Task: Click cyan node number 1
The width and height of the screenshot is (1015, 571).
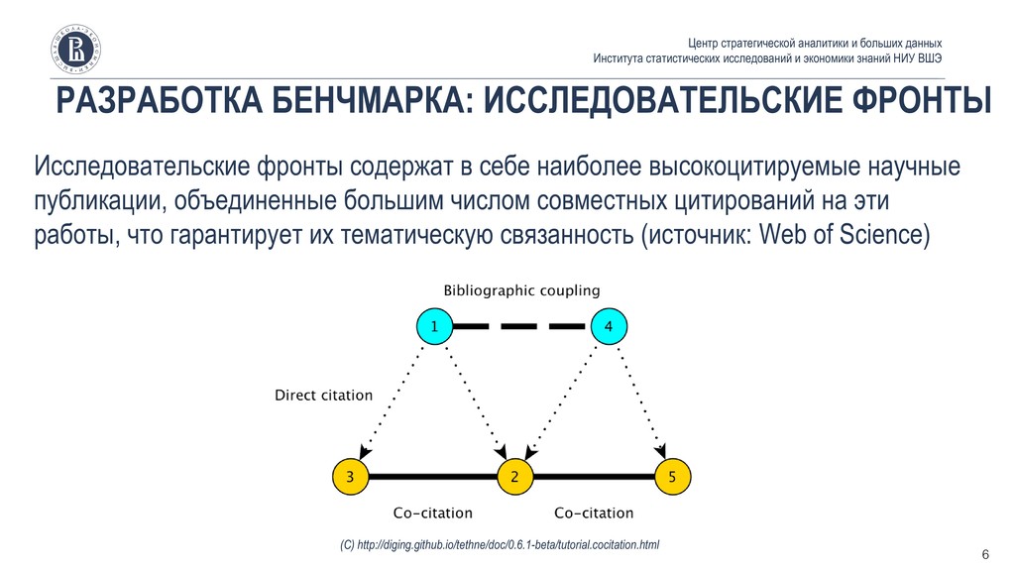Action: tap(432, 325)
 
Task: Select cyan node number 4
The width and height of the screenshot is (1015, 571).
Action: tap(609, 325)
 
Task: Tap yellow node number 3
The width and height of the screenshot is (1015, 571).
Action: tap(351, 477)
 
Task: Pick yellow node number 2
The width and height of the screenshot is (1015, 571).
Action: tap(514, 477)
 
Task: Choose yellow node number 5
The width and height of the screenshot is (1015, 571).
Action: tap(672, 477)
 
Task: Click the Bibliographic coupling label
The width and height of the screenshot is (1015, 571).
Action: tap(521, 290)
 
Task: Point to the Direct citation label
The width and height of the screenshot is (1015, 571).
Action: tap(323, 396)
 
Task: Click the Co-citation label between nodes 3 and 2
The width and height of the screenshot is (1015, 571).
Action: tap(433, 514)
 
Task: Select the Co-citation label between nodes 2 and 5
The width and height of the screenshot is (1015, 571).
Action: tap(594, 514)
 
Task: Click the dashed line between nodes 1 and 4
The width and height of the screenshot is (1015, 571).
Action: tap(520, 325)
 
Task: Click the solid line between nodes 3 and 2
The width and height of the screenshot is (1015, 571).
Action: tap(432, 477)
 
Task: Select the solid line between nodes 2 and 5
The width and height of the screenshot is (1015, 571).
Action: tap(593, 477)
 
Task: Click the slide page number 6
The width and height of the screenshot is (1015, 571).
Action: tap(985, 553)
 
